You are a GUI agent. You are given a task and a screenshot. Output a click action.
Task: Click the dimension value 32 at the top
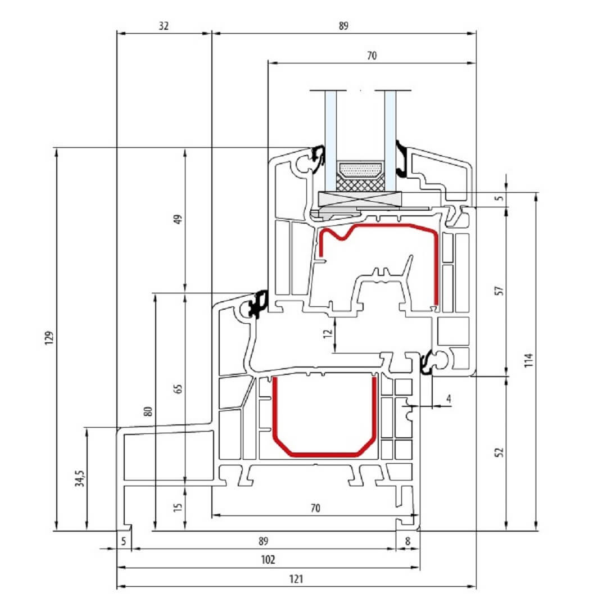click(164, 26)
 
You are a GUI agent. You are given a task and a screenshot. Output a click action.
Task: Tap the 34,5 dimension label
click(79, 478)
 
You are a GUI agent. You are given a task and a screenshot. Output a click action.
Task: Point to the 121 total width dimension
click(296, 579)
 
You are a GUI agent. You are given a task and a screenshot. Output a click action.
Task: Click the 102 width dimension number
click(268, 559)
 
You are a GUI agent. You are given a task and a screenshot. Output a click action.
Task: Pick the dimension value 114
click(529, 360)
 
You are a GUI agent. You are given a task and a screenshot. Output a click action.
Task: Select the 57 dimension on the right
click(500, 291)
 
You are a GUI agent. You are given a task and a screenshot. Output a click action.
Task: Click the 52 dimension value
click(500, 452)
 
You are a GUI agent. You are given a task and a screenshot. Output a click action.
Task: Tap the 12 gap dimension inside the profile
click(328, 333)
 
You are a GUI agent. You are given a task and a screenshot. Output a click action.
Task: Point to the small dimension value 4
click(449, 398)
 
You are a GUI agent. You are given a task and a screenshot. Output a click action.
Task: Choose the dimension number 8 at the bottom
click(407, 541)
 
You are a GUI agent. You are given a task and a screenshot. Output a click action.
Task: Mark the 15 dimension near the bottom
click(178, 507)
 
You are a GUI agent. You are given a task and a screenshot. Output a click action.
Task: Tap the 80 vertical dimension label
click(148, 411)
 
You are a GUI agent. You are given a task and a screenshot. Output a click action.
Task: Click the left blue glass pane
click(331, 141)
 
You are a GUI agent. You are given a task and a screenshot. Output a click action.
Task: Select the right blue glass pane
click(390, 141)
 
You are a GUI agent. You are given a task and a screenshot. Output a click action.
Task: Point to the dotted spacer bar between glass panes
click(360, 169)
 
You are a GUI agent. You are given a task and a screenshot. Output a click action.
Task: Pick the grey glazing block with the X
click(360, 199)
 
